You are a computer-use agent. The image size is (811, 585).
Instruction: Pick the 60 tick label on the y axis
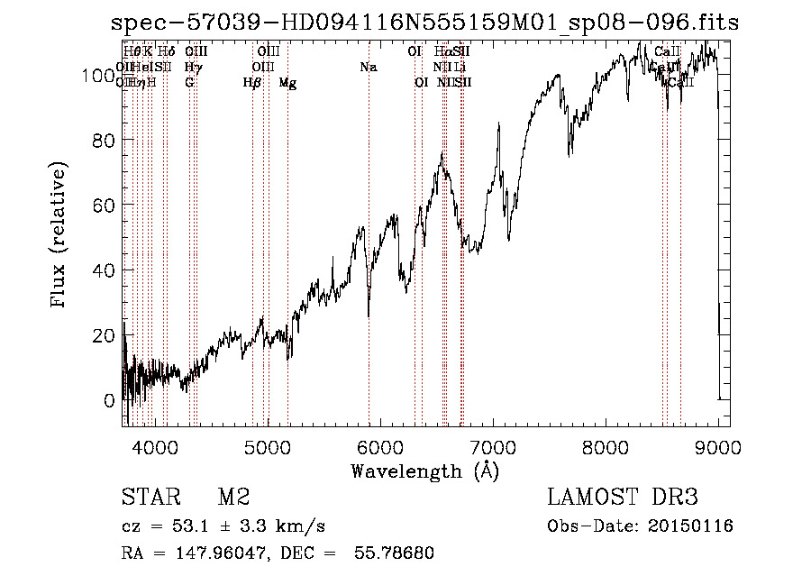pyautogui.click(x=104, y=206)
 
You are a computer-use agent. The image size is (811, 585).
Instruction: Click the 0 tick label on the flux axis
pyautogui.click(x=110, y=400)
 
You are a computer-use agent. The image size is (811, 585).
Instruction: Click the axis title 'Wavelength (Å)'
pyautogui.click(x=424, y=471)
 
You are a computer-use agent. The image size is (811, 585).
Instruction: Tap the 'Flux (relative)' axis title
pyautogui.click(x=60, y=236)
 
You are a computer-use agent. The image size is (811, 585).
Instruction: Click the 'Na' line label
pyautogui.click(x=368, y=67)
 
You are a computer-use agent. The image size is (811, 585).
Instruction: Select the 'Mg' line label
pyautogui.click(x=287, y=83)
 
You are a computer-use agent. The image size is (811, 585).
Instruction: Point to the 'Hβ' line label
pyautogui.click(x=252, y=83)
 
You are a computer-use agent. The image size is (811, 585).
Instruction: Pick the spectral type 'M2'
pyautogui.click(x=233, y=498)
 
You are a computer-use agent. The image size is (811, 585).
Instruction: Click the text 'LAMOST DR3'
pyautogui.click(x=623, y=498)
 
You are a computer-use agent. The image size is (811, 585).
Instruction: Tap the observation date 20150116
pyautogui.click(x=693, y=526)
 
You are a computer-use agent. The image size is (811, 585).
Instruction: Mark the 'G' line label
pyautogui.click(x=189, y=83)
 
